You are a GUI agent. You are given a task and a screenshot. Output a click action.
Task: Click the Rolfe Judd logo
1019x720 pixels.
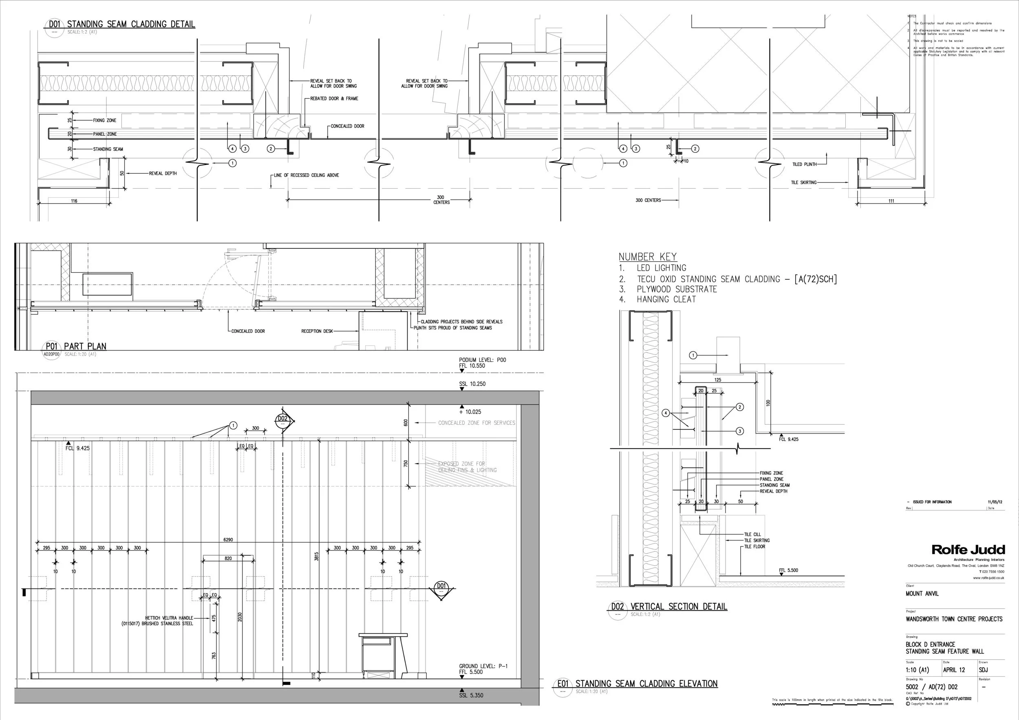pos(968,550)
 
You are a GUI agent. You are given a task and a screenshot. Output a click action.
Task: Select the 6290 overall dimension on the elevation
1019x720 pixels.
pos(228,540)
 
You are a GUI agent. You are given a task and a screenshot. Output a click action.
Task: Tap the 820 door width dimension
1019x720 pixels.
pos(228,559)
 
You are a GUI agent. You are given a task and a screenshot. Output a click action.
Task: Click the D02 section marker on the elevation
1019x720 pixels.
pos(283,419)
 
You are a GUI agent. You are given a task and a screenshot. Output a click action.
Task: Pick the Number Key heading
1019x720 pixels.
pos(648,256)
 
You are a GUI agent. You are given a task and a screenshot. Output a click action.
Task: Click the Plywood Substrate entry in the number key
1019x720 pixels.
pos(676,289)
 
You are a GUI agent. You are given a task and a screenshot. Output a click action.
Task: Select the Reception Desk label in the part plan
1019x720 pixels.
pos(317,331)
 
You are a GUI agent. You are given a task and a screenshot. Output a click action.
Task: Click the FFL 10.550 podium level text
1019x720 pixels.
pos(472,366)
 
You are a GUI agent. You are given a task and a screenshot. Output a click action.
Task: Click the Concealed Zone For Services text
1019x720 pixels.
pos(476,423)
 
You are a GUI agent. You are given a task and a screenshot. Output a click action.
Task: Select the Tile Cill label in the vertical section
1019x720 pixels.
pos(752,534)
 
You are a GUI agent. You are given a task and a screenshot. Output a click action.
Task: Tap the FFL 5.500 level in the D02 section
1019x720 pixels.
pos(788,570)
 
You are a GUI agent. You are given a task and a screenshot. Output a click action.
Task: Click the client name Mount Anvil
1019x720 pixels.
pos(922,594)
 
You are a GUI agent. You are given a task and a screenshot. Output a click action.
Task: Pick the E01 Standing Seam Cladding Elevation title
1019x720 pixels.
pos(646,684)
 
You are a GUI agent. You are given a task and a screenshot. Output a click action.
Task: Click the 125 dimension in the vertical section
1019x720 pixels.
pos(718,380)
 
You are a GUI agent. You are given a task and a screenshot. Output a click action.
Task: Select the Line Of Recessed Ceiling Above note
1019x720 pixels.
pos(306,175)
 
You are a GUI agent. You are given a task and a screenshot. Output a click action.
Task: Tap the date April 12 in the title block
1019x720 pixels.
pos(954,670)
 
